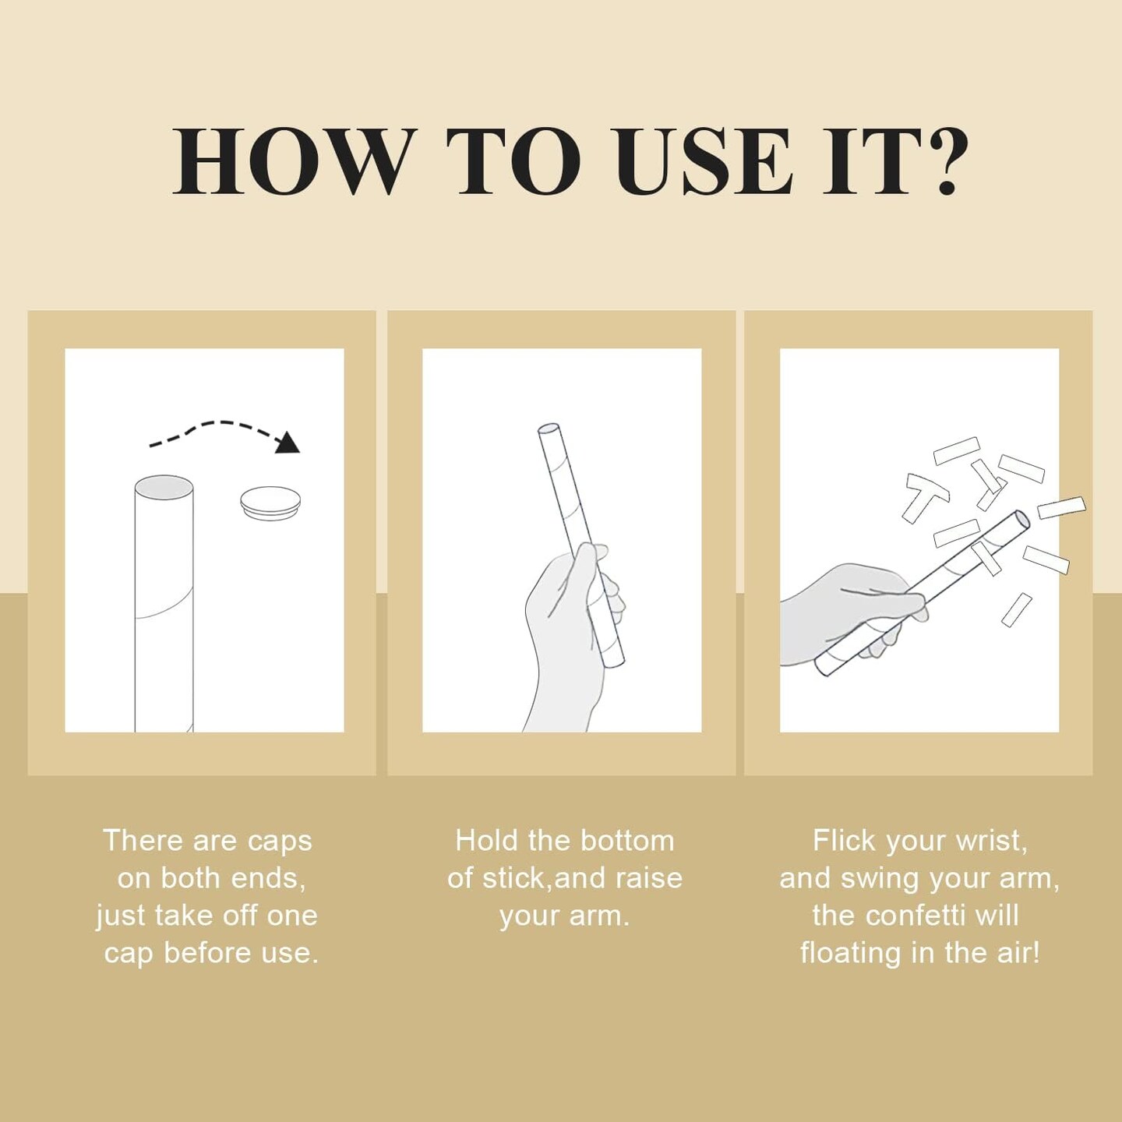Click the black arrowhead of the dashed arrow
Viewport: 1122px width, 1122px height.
click(x=287, y=443)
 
